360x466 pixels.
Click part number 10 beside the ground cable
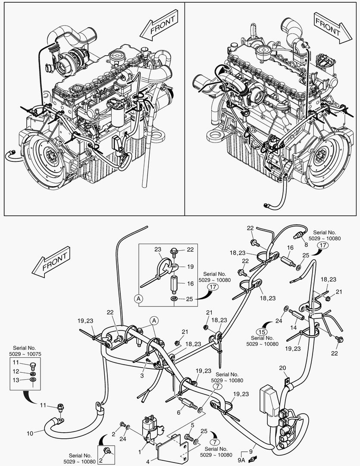pos(29,432)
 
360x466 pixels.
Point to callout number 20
pos(282,368)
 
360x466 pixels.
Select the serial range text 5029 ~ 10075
pos(24,354)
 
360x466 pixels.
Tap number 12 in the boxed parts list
pos(16,371)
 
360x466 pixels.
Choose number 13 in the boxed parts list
pos(16,380)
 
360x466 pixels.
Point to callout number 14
pos(294,328)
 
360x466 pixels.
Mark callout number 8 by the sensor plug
pos(306,245)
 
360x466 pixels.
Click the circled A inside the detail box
pos(138,298)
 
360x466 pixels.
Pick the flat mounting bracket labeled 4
pos(168,449)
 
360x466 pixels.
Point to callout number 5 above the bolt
pos(192,425)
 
